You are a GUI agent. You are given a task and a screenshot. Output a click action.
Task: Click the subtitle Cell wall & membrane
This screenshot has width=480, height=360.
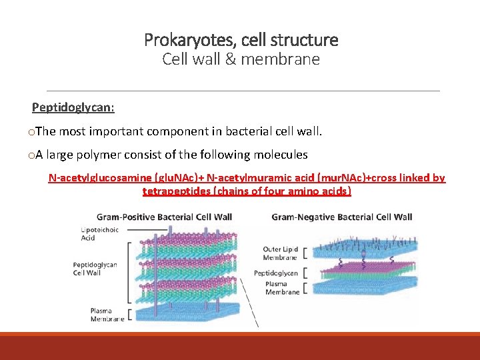(241, 59)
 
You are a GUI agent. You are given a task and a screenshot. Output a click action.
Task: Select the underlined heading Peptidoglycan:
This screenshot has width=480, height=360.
(73, 107)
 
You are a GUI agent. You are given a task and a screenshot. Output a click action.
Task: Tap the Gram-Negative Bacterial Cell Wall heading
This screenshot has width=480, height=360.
(342, 217)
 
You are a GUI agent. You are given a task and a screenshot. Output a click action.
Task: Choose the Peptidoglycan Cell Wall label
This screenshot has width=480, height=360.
(95, 269)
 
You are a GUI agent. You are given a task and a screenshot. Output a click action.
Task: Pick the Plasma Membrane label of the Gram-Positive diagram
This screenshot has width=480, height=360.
(107, 315)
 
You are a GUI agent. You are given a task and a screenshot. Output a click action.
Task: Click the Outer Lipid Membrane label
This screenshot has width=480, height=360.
(281, 254)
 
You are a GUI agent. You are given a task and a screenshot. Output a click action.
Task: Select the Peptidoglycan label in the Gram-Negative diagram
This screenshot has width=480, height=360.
(276, 273)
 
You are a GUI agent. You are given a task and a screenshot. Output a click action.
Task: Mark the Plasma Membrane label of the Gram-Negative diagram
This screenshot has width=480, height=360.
(281, 288)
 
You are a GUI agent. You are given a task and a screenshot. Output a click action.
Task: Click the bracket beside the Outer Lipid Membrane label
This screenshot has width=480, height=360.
(306, 254)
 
